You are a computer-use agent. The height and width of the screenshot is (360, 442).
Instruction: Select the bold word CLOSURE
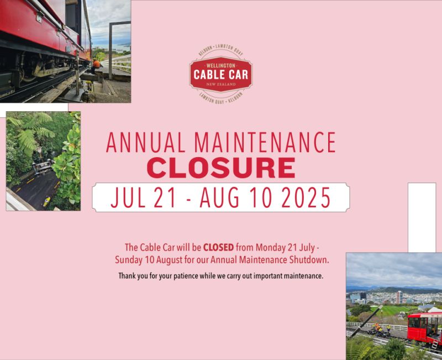220,168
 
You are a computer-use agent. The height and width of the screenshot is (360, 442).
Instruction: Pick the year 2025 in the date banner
303,198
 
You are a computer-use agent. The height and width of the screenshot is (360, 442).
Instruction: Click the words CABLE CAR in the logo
220,74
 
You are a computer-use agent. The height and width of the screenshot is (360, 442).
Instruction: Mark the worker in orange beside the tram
97,64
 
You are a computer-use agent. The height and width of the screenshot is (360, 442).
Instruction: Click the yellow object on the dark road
47,200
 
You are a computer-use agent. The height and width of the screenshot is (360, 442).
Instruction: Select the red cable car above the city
424,327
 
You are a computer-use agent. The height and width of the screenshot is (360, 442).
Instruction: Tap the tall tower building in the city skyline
398,297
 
